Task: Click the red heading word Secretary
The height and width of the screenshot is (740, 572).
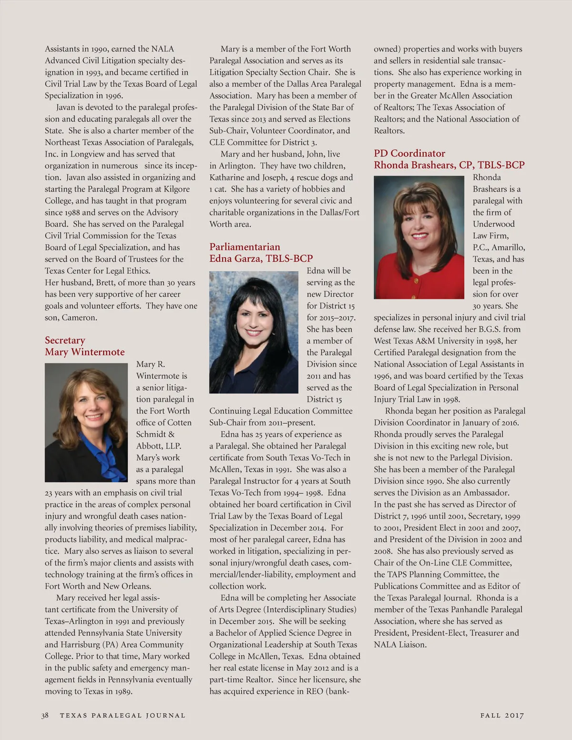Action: (65, 340)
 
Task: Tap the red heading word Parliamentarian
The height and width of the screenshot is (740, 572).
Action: (245, 247)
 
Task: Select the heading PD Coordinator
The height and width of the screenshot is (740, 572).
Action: (409, 153)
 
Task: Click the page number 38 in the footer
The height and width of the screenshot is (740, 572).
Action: (45, 715)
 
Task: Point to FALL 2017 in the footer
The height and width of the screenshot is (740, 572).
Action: (502, 715)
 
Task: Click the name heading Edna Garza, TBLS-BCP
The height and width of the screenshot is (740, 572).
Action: (261, 259)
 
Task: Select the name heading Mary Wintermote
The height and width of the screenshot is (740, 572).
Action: (84, 352)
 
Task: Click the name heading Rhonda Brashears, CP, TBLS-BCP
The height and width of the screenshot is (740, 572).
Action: (449, 165)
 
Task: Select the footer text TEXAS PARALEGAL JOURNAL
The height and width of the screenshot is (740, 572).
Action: (123, 715)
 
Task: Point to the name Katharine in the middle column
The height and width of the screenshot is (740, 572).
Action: (227, 177)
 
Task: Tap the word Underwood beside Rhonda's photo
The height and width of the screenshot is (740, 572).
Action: (493, 224)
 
